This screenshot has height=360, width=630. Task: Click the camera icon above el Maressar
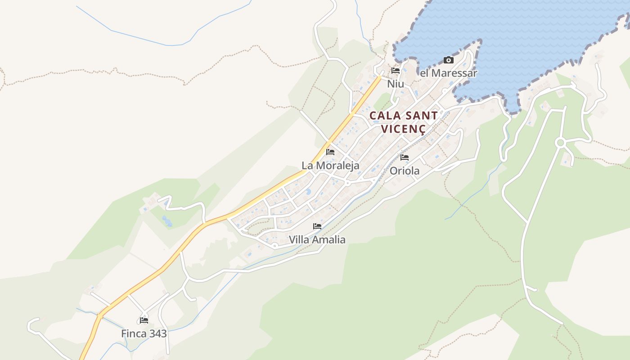448,60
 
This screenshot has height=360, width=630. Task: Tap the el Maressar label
448,73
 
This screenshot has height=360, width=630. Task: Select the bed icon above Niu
396,71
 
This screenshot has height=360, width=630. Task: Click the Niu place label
396,84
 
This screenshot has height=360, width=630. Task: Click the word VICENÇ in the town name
403,129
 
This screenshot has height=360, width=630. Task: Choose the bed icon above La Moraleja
330,152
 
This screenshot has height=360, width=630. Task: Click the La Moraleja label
330,166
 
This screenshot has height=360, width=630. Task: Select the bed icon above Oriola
405,157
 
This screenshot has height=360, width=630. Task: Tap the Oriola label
405,171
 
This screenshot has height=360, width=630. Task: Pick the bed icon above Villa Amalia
317,226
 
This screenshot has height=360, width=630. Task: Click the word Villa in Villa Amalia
299,239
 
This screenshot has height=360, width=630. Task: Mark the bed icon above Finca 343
144,320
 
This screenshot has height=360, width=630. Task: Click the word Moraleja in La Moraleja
338,166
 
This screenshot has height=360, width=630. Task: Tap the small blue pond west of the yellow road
167,221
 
